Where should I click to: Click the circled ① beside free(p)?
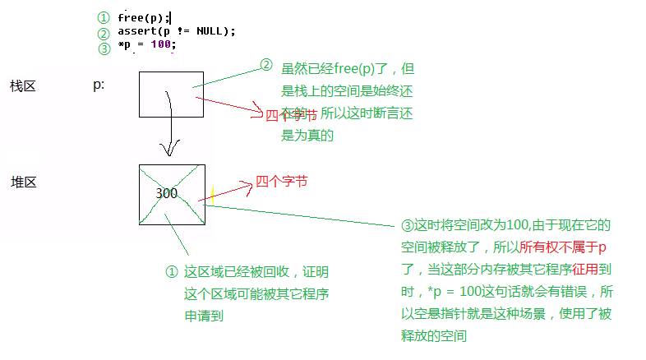[x=103, y=18]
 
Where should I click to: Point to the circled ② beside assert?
[x=103, y=33]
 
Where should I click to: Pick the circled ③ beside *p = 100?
[x=103, y=48]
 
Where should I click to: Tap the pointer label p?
[x=99, y=85]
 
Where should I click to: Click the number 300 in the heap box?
[x=166, y=194]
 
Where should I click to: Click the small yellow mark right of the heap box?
[x=212, y=196]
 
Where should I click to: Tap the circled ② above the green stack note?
[x=266, y=64]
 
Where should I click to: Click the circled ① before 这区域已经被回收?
[x=171, y=271]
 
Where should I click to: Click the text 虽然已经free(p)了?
[x=335, y=72]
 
